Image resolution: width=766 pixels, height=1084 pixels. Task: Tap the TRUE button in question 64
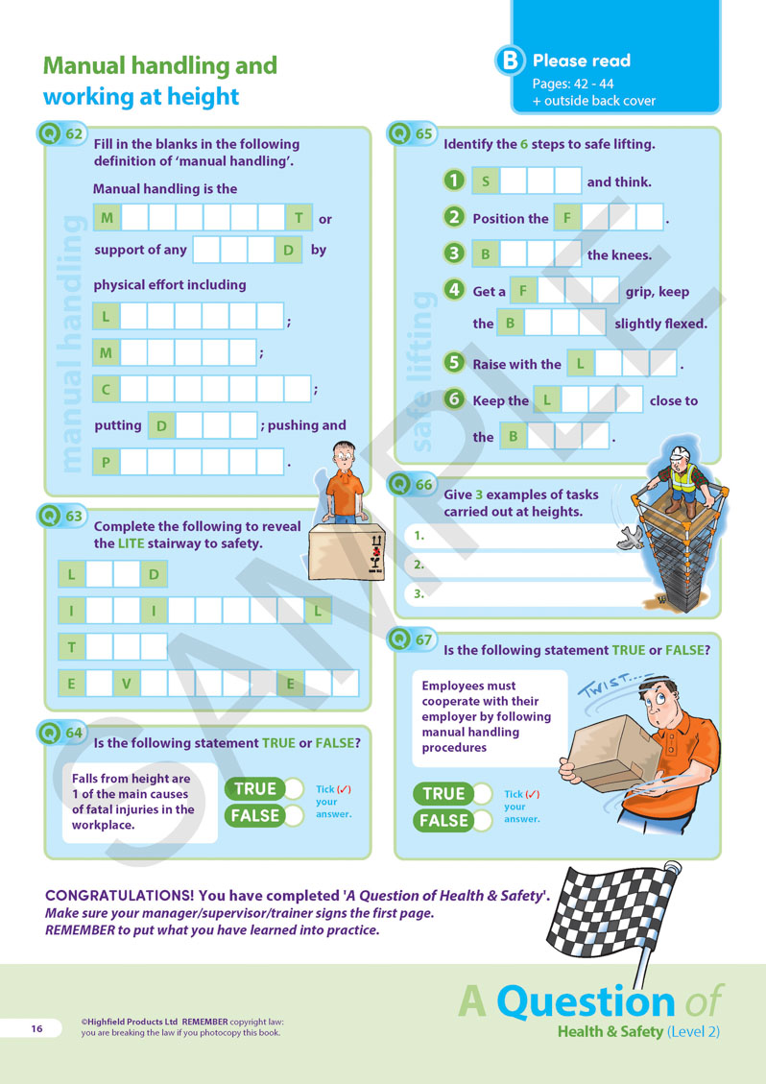tap(263, 789)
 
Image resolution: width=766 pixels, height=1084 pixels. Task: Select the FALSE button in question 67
tap(452, 821)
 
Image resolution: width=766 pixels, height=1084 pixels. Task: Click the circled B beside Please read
tap(510, 60)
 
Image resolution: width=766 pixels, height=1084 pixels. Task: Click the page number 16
tap(36, 1028)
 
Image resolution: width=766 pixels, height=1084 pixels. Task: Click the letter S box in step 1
tap(486, 181)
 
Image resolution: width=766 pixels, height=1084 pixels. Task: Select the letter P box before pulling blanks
tap(106, 462)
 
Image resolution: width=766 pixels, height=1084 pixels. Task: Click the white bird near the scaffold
tap(631, 537)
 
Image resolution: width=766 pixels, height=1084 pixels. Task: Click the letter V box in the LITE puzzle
tap(126, 684)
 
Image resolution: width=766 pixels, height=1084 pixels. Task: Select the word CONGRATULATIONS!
tap(115, 895)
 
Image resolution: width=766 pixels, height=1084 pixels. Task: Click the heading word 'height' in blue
tap(201, 97)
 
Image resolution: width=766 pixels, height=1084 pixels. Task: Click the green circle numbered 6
tap(453, 398)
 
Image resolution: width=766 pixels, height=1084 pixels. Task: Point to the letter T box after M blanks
tap(299, 218)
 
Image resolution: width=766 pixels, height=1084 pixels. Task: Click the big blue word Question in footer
tap(586, 1001)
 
